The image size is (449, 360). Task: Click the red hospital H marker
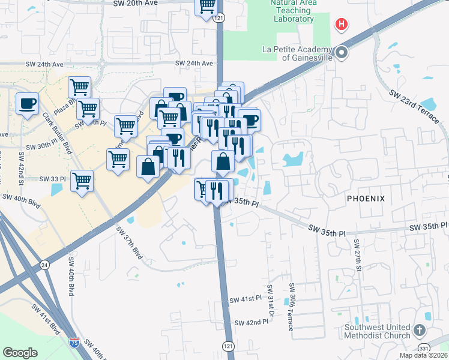(341, 25)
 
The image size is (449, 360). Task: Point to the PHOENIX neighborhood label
(364, 198)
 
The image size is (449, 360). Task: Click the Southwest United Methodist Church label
(378, 331)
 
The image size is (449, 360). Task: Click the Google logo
(20, 353)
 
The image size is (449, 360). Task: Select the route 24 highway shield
(44, 263)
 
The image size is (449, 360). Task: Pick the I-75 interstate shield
(74, 343)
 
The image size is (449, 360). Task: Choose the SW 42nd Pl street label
(251, 323)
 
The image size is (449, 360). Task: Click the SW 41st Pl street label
(246, 299)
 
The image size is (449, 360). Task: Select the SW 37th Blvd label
(130, 242)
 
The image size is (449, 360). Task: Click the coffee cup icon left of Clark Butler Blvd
(27, 104)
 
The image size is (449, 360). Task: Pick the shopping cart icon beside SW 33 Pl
(82, 181)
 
